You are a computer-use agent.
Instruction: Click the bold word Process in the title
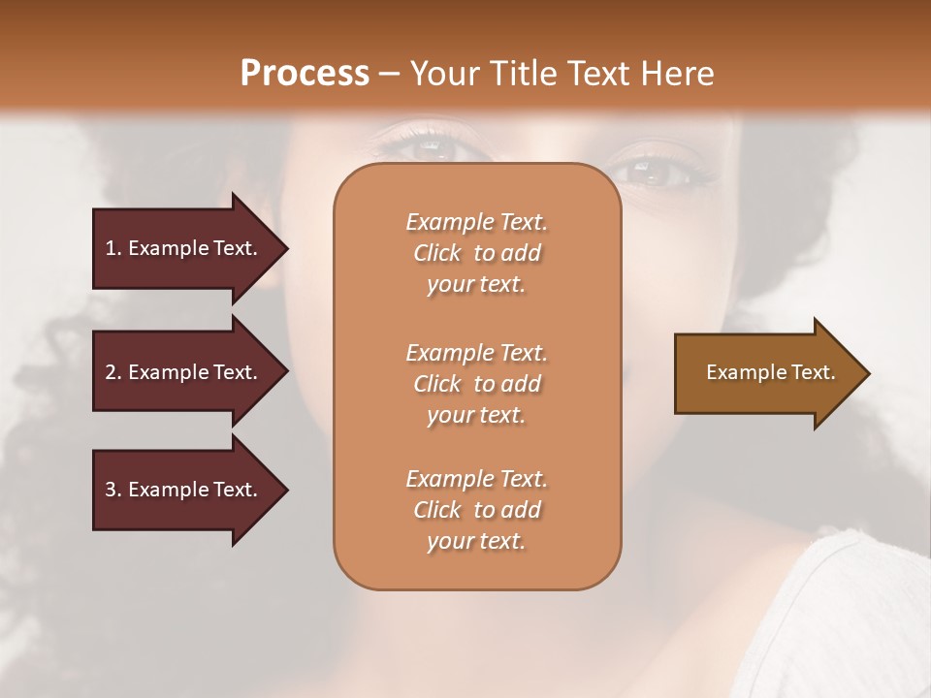pyautogui.click(x=305, y=73)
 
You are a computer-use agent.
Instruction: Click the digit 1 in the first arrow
pyautogui.click(x=111, y=248)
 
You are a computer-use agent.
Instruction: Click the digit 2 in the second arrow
pyautogui.click(x=111, y=372)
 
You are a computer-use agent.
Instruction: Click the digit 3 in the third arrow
pyautogui.click(x=111, y=490)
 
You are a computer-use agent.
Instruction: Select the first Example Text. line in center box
pyautogui.click(x=476, y=222)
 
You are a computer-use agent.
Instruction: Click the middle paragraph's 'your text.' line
pyautogui.click(x=476, y=415)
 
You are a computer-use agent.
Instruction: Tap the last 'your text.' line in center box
pyautogui.click(x=476, y=541)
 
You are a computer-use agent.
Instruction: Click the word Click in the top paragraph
pyautogui.click(x=437, y=253)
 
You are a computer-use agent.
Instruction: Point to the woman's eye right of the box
pyautogui.click(x=647, y=173)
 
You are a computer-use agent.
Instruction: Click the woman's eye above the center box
pyautogui.click(x=431, y=146)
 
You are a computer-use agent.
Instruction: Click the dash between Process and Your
pyautogui.click(x=390, y=74)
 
